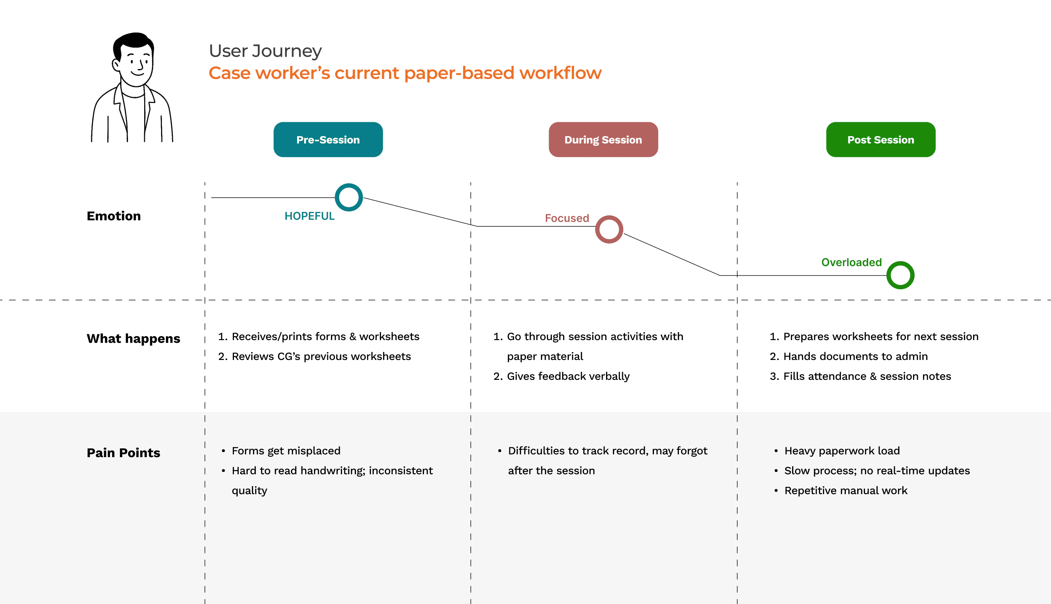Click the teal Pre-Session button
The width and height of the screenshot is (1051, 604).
tap(328, 139)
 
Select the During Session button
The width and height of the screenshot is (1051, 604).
tap(603, 139)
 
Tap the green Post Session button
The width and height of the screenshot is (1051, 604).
tap(880, 139)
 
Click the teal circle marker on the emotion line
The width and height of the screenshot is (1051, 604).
tap(349, 197)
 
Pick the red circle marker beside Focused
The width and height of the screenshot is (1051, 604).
tap(609, 229)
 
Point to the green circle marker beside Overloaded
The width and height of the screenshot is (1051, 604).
tap(900, 275)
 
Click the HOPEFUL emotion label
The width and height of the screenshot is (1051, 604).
tap(309, 216)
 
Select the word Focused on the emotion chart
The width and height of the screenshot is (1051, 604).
tap(567, 218)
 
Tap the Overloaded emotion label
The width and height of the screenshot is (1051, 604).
tap(851, 262)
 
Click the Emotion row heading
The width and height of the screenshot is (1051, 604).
tap(114, 216)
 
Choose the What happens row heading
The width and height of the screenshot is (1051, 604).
tap(133, 339)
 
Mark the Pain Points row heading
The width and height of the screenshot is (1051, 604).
tap(123, 453)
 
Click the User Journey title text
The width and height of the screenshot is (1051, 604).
tap(265, 51)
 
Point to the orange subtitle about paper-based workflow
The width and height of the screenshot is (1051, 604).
tap(405, 73)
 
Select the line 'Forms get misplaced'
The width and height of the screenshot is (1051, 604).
tap(286, 451)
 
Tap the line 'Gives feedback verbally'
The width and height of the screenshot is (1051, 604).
tap(568, 376)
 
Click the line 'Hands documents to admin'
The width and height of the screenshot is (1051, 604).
tap(855, 356)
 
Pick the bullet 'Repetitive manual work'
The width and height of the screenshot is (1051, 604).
tap(845, 490)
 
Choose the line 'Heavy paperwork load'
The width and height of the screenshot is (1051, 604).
tap(842, 451)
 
